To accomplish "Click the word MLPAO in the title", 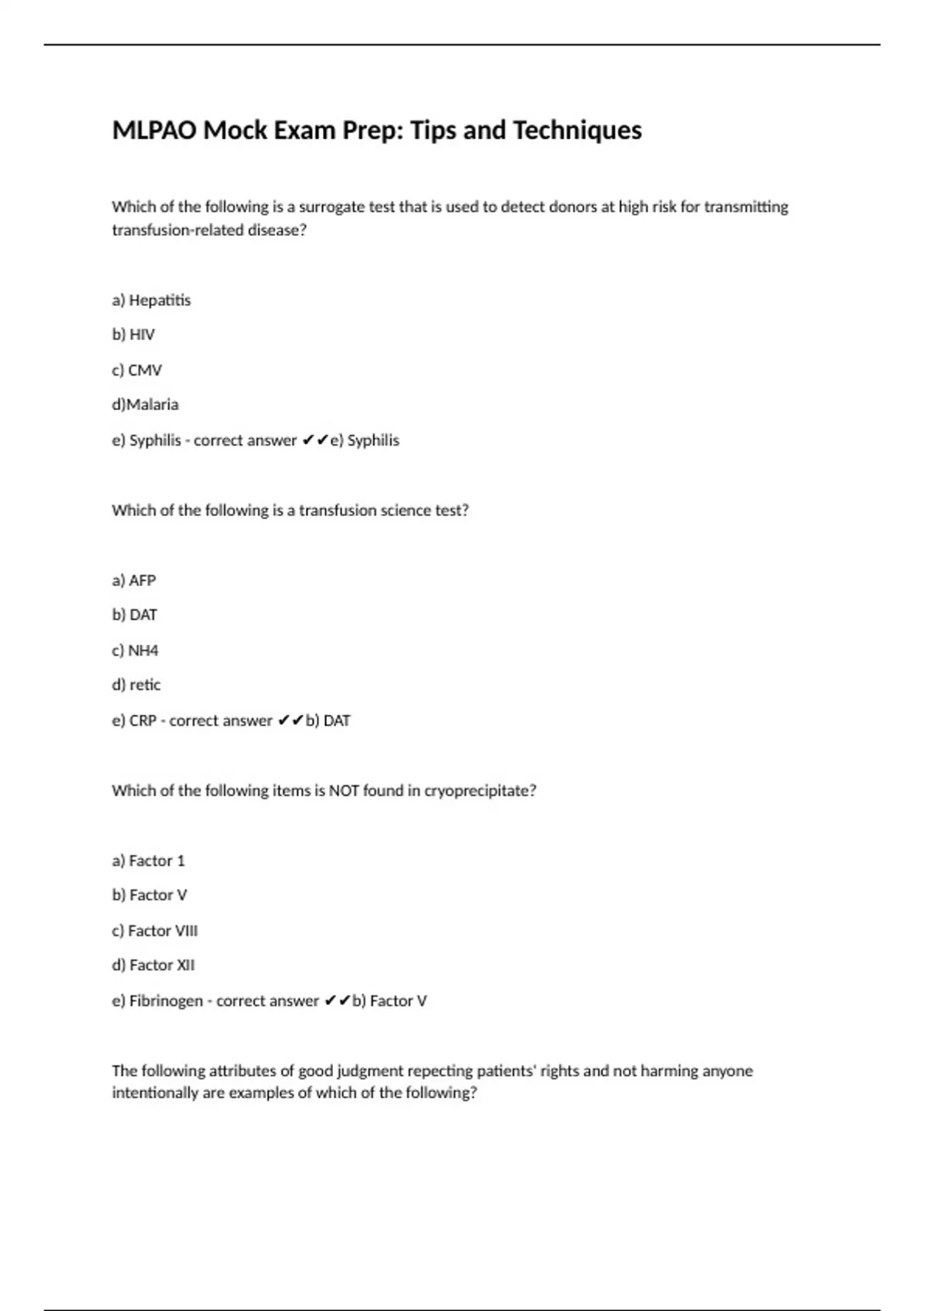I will (155, 130).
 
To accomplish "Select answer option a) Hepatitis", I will (151, 300).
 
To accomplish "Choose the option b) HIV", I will (133, 335).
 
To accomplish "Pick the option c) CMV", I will (136, 370).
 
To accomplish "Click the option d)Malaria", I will (145, 404).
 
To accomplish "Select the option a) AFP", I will (133, 580).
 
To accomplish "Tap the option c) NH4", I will (135, 650).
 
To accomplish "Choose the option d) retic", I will (136, 684).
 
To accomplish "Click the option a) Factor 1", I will (148, 861).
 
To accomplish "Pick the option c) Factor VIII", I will (154, 931).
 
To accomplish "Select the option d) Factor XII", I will (153, 965).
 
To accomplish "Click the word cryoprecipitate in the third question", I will (479, 790).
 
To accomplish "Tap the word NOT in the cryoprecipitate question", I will (344, 790).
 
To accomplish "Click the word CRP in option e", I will (143, 720).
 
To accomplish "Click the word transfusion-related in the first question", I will (177, 230).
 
